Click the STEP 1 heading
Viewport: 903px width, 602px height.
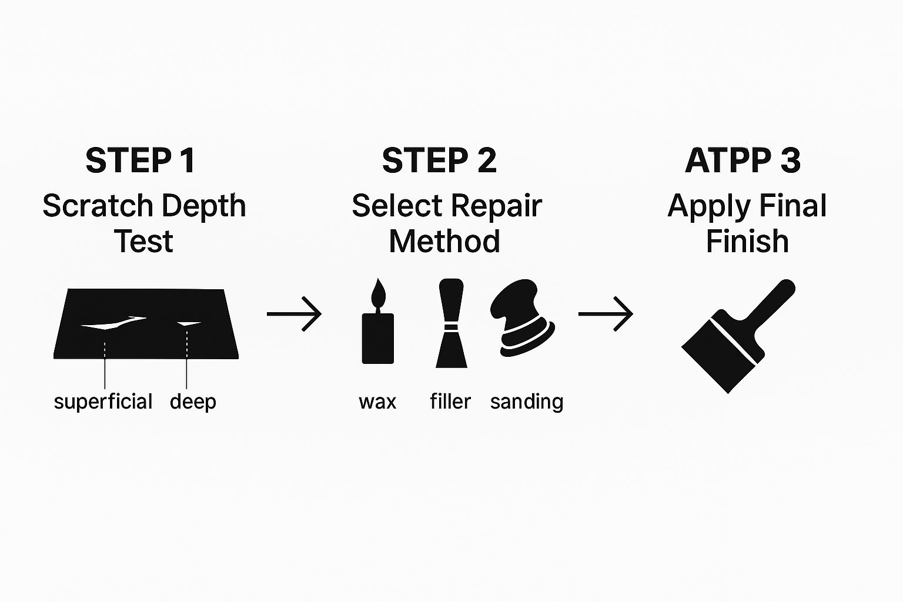coord(140,160)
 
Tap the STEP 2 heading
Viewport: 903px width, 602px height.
coord(439,160)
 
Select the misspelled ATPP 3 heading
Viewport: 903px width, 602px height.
coord(743,160)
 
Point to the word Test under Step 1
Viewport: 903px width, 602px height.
coord(144,242)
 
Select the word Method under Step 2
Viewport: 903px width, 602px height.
coord(444,242)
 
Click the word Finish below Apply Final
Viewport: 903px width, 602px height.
coord(747,242)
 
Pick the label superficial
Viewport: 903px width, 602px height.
coord(103,402)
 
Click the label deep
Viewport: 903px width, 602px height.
coord(193,402)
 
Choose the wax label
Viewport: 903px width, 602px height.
coord(377,402)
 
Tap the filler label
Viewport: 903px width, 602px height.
coord(450,402)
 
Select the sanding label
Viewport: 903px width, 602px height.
coord(527,402)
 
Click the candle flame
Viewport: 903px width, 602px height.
coord(378,292)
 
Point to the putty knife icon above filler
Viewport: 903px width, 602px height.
coord(451,323)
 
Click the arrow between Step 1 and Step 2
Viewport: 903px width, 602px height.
coord(295,314)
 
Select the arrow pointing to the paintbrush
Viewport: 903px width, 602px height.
coord(606,314)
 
